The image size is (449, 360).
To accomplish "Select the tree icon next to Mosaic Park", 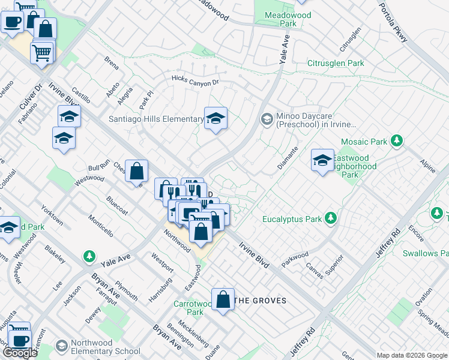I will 396,141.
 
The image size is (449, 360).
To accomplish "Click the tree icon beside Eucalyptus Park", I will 330,219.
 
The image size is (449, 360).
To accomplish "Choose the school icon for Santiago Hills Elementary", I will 215,118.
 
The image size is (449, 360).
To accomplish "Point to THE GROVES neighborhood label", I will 260,300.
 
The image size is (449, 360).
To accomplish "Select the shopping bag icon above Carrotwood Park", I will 223,299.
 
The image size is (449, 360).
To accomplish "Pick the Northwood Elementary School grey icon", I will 61,346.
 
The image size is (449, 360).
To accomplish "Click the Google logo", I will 20,353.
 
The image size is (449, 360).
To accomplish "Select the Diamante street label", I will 288,158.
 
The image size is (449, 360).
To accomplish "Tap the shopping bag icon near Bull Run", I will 137,170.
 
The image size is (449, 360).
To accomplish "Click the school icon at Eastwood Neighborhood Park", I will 322,160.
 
